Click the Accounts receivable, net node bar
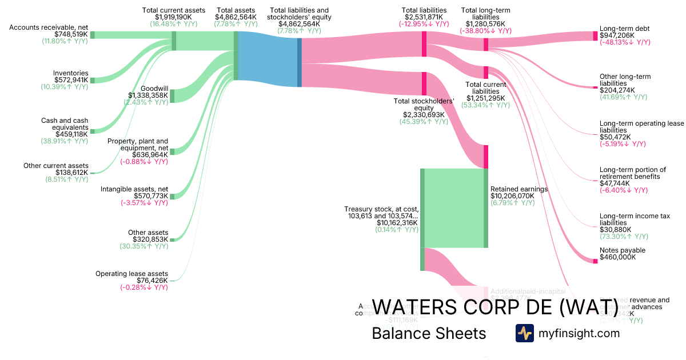pyautogui.click(x=93, y=35)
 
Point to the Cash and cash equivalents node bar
pyautogui.click(x=93, y=131)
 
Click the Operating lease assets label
pyautogui.click(x=131, y=274)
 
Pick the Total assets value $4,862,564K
pyautogui.click(x=236, y=18)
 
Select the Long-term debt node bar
pyautogui.click(x=595, y=35)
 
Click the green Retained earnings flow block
pyautogui.click(x=454, y=208)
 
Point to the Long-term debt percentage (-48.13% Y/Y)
pyautogui.click(x=625, y=42)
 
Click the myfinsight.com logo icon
pyautogui.click(x=524, y=333)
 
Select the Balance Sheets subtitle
pyautogui.click(x=429, y=333)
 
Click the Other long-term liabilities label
pyautogui.click(x=625, y=80)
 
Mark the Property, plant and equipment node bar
pyautogui.click(x=173, y=151)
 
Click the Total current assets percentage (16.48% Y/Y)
pyautogui.click(x=174, y=25)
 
